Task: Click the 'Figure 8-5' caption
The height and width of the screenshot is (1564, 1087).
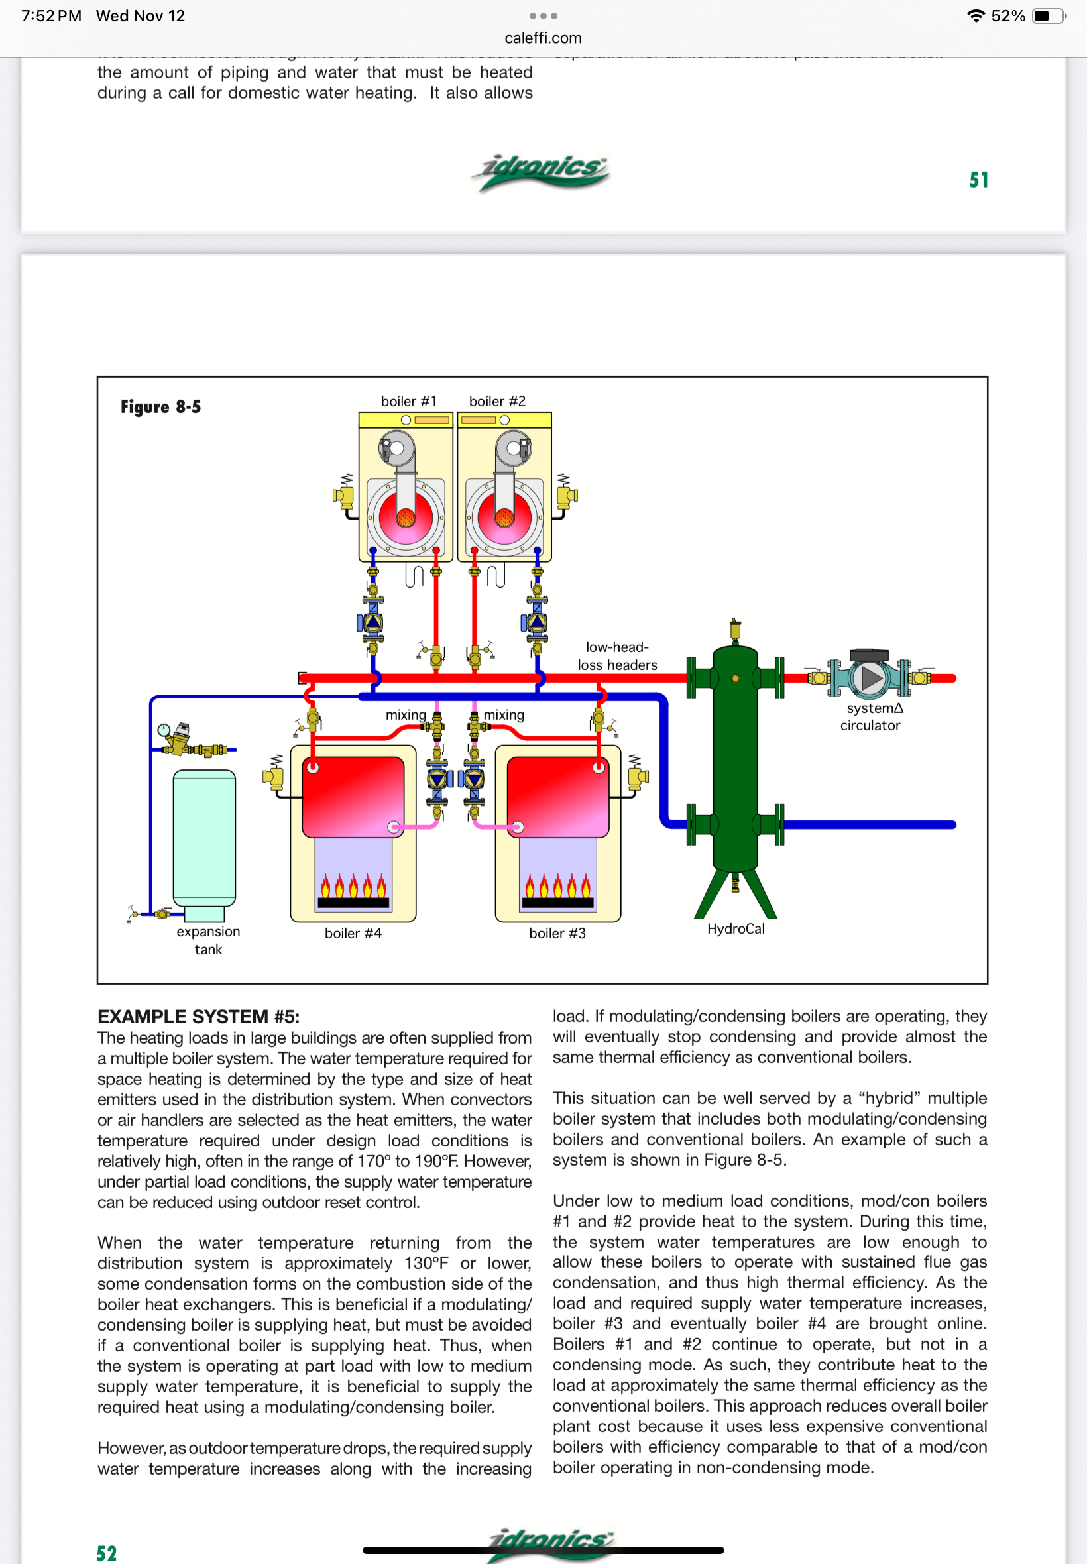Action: (x=161, y=406)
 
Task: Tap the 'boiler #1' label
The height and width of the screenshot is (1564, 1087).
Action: (x=408, y=401)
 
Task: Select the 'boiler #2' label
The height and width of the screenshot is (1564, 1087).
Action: (x=497, y=401)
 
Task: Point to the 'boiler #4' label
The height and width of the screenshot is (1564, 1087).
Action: (x=353, y=933)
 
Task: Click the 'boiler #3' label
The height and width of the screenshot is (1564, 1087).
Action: (x=557, y=933)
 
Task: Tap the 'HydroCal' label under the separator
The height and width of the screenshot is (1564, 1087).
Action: (x=736, y=928)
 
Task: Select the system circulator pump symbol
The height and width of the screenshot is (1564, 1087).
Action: (x=870, y=677)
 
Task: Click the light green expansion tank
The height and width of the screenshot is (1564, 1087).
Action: (x=204, y=838)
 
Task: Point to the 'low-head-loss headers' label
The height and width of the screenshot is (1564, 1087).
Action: (x=617, y=655)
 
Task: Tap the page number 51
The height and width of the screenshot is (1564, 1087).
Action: (x=979, y=180)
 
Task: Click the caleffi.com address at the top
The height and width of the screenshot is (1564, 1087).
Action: (x=543, y=38)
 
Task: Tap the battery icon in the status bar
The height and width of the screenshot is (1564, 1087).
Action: (x=1048, y=16)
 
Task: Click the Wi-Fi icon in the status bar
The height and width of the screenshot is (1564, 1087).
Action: (x=976, y=16)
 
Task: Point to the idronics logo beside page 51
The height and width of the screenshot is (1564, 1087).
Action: (x=541, y=172)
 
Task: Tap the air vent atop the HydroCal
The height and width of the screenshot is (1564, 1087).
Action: (x=735, y=630)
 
